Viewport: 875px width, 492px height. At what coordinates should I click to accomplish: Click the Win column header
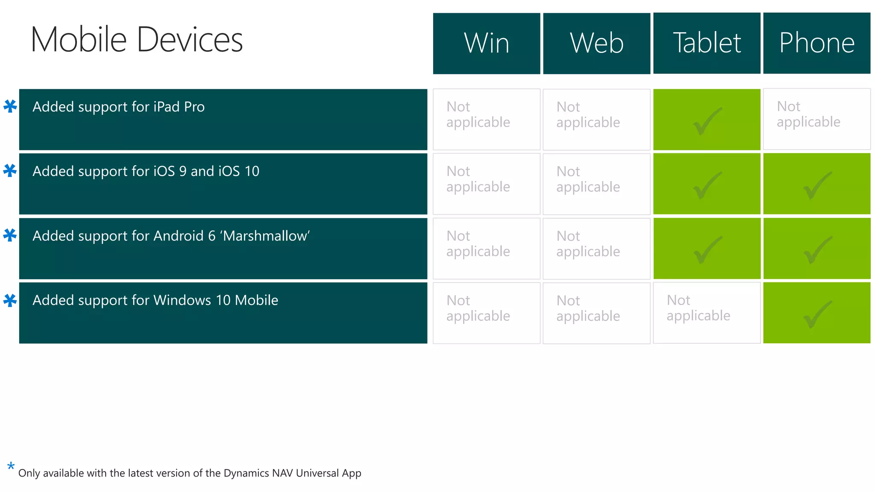pyautogui.click(x=486, y=43)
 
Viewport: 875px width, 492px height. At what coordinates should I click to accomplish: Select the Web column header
pyautogui.click(x=596, y=43)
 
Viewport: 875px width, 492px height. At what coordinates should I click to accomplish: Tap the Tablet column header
pyautogui.click(x=707, y=43)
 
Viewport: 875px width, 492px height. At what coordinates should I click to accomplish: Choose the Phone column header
pyautogui.click(x=816, y=43)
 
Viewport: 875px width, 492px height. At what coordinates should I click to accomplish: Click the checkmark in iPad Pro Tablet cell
pyautogui.click(x=707, y=121)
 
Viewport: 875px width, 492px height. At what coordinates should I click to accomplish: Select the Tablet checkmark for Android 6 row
pyautogui.click(x=707, y=250)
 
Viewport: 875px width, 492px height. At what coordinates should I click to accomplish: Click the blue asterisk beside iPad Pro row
pyautogui.click(x=10, y=106)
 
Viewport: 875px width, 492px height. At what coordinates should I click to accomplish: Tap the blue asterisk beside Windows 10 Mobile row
pyautogui.click(x=10, y=300)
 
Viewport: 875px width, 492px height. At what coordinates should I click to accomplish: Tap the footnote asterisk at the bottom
pyautogui.click(x=11, y=466)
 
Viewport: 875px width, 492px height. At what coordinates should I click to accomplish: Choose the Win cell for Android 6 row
pyautogui.click(x=486, y=249)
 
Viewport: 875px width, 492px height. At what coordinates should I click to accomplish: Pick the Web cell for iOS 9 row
pyautogui.click(x=596, y=184)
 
